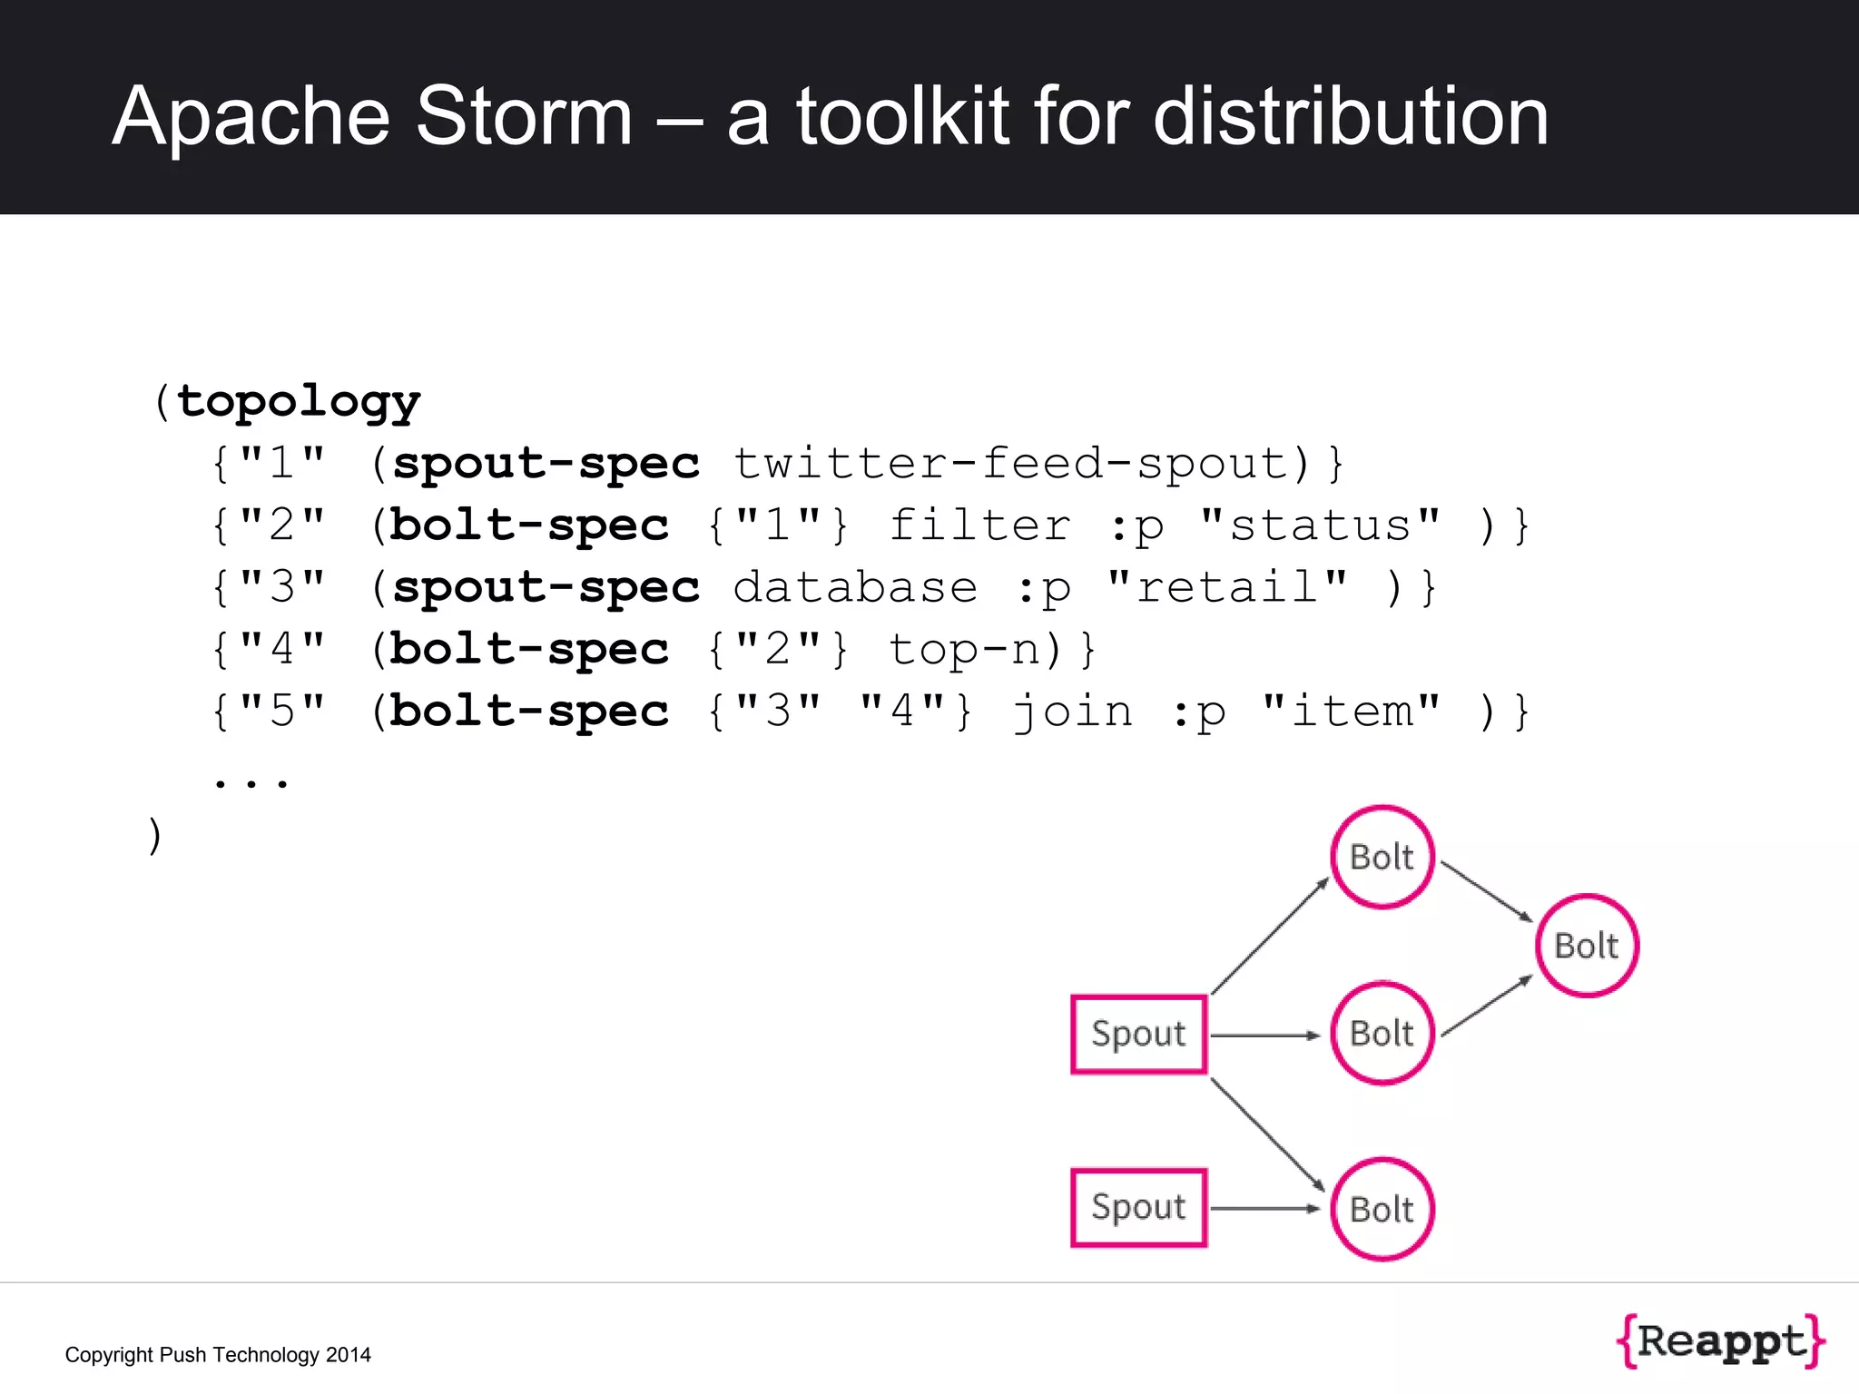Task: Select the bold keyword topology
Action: pyautogui.click(x=299, y=400)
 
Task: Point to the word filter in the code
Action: pyautogui.click(x=979, y=525)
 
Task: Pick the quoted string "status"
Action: pyautogui.click(x=1320, y=525)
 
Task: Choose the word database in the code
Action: pyautogui.click(x=855, y=587)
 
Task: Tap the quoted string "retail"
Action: pyautogui.click(x=1227, y=587)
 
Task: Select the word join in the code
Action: pyautogui.click(x=1073, y=711)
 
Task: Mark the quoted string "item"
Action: pyautogui.click(x=1351, y=711)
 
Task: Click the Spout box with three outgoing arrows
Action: pyautogui.click(x=1138, y=1035)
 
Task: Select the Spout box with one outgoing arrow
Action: pyautogui.click(x=1138, y=1208)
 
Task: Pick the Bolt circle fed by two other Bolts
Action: pyautogui.click(x=1587, y=946)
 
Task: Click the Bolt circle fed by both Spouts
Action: pyautogui.click(x=1382, y=1209)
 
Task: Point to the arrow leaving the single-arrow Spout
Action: pyautogui.click(x=1264, y=1208)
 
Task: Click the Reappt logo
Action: pyautogui.click(x=1721, y=1340)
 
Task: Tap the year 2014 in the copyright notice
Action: pyautogui.click(x=349, y=1355)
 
